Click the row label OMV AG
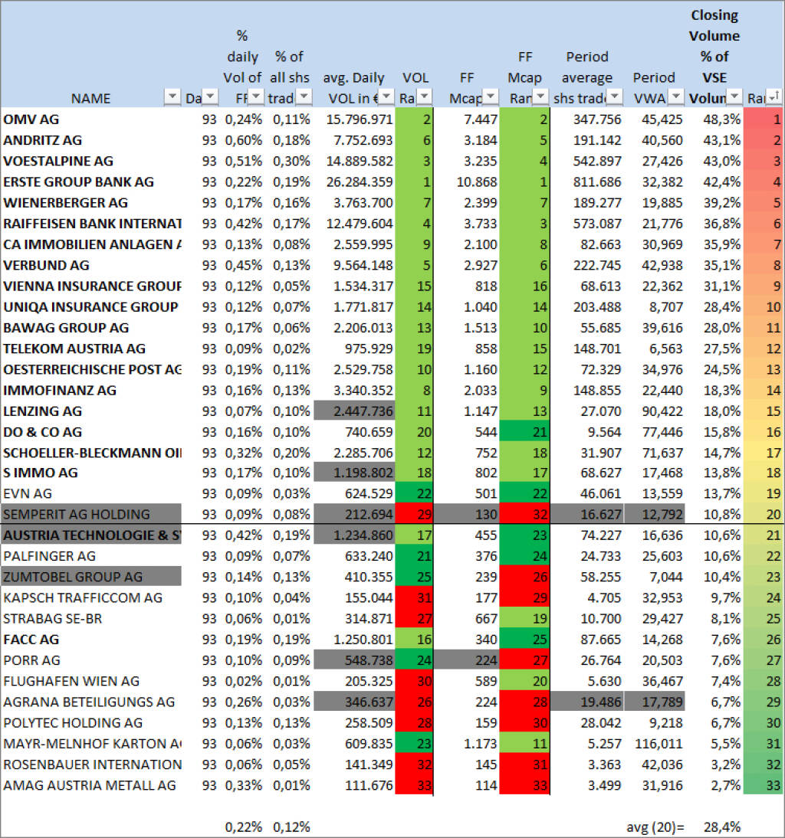click(31, 119)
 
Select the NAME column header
click(90, 98)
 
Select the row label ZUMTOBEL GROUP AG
click(73, 577)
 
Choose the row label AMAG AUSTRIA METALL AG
click(90, 785)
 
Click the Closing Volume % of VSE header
click(714, 57)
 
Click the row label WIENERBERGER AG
click(66, 203)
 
